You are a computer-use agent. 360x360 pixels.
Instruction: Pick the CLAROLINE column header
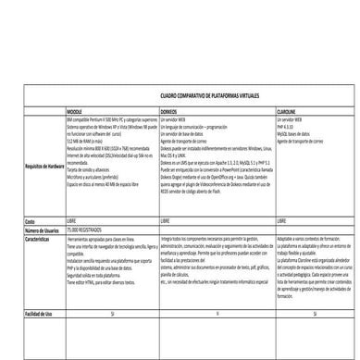[290, 111]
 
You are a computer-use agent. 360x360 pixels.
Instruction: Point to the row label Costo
[30, 222]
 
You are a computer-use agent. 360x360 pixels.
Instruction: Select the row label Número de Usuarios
[39, 230]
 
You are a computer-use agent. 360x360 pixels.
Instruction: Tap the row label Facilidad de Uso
[38, 288]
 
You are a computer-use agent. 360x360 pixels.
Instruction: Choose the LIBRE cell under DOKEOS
[167, 222]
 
